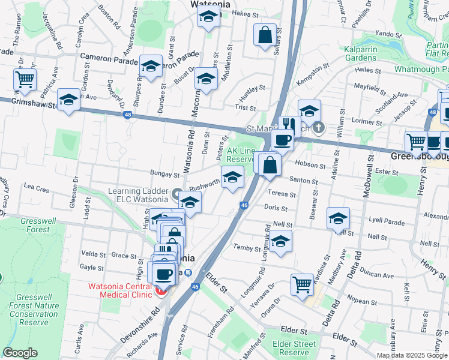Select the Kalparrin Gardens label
coord(369,53)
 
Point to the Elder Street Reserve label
coord(294,348)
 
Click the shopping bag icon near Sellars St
coord(265,36)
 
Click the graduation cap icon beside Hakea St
coord(208,17)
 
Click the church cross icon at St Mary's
coord(319,128)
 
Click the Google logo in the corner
coord(20,353)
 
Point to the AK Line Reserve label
coord(241,155)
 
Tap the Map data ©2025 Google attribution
coord(412,355)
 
